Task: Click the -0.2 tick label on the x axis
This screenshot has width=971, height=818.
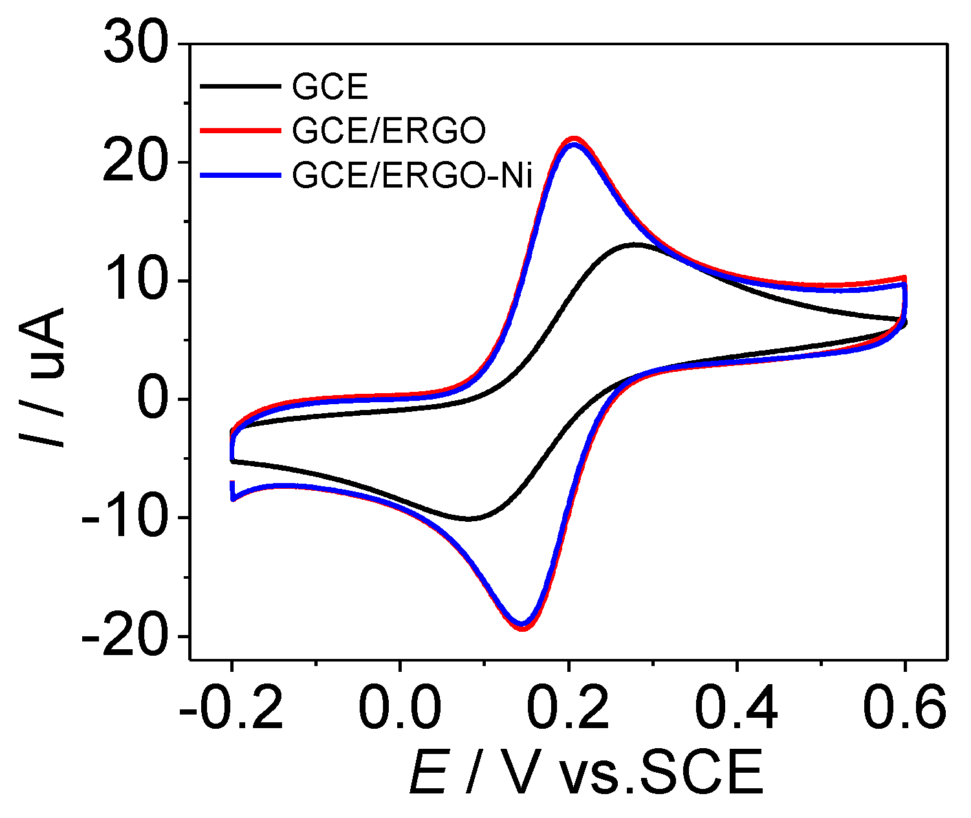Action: coord(232,708)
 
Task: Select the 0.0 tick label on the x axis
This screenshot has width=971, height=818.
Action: coord(400,708)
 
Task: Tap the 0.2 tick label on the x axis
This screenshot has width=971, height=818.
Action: coord(568,708)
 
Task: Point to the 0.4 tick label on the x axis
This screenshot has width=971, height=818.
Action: coord(736,708)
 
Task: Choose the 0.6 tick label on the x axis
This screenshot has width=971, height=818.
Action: coord(904,708)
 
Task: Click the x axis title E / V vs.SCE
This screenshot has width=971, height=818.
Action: coord(585,773)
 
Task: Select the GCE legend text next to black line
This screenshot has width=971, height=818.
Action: coord(330,87)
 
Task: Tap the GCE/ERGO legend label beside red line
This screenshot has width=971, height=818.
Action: coord(388,131)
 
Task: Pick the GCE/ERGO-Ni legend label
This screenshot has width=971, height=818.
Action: coord(412,175)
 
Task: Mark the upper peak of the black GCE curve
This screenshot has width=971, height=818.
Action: coord(637,244)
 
